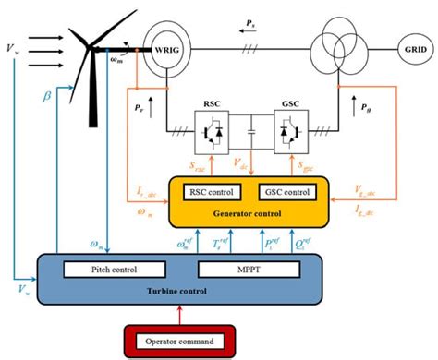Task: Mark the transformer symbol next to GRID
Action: point(321,45)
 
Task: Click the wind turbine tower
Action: point(93,92)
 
